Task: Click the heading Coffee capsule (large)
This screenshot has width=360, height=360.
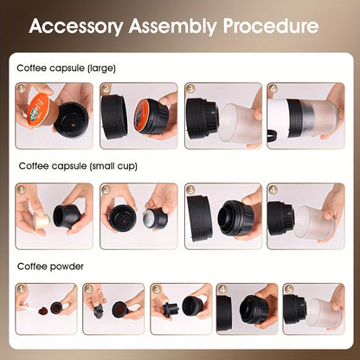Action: pyautogui.click(x=66, y=67)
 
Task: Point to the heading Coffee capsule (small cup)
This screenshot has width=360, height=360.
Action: pyautogui.click(x=78, y=165)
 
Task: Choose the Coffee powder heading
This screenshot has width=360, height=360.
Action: pyautogui.click(x=50, y=266)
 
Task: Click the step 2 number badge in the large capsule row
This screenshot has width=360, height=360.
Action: pyautogui.click(x=106, y=88)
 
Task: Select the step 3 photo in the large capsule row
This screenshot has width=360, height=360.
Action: pyautogui.click(x=222, y=116)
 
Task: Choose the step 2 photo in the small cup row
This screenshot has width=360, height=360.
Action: pyautogui.click(x=138, y=214)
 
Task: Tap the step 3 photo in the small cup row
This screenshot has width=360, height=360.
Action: pyautogui.click(x=222, y=214)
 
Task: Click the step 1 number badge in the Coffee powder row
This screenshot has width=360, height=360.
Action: pyautogui.click(x=22, y=288)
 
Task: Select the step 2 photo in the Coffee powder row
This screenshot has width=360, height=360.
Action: pyautogui.click(x=113, y=309)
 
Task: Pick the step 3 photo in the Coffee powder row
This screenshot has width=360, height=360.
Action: pyautogui.click(x=180, y=309)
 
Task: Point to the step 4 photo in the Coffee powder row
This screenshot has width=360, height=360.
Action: pyautogui.click(x=247, y=309)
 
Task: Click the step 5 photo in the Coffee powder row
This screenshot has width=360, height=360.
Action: pyautogui.click(x=313, y=309)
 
